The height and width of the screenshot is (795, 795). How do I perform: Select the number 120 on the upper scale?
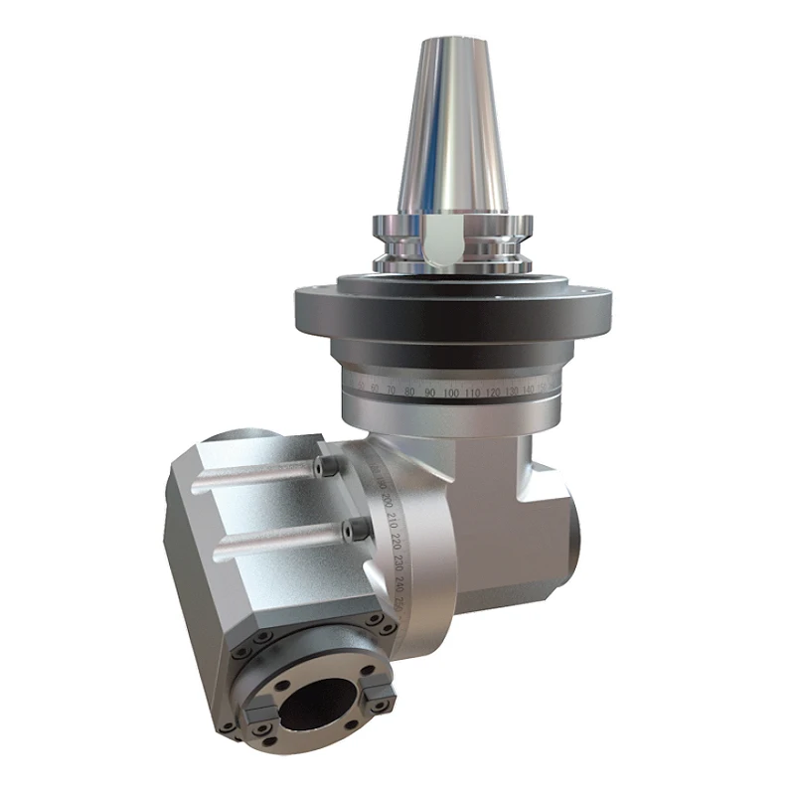pyautogui.click(x=494, y=394)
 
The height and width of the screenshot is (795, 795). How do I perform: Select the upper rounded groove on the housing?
pyautogui.click(x=253, y=481)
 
